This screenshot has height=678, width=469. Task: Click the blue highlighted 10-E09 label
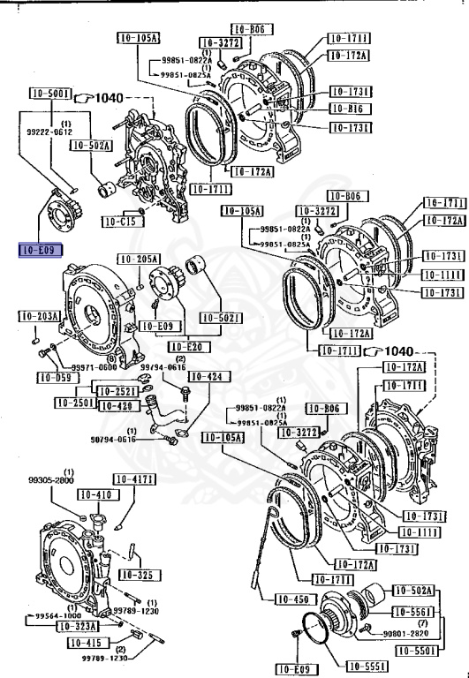[39, 251]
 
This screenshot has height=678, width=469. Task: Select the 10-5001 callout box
[49, 93]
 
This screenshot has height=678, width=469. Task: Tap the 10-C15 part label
[118, 221]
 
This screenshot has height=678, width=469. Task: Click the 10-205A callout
[140, 259]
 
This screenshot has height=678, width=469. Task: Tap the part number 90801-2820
[407, 632]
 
